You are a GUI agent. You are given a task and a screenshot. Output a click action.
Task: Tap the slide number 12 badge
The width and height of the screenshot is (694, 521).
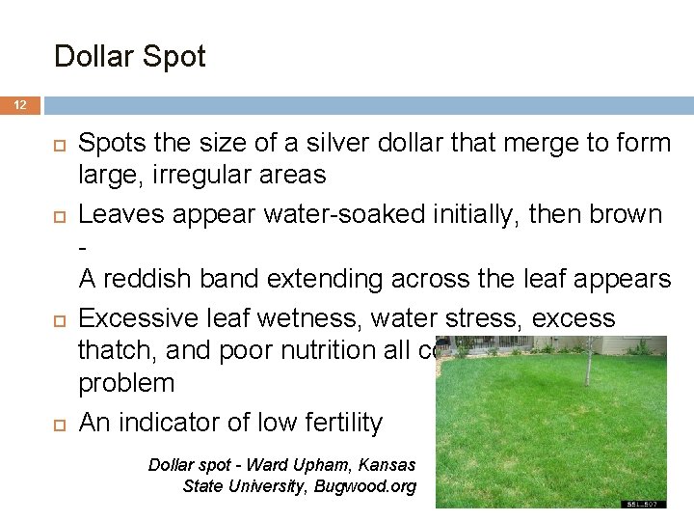pos(20,105)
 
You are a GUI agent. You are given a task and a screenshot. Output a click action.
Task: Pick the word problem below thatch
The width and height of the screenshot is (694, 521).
pos(126,383)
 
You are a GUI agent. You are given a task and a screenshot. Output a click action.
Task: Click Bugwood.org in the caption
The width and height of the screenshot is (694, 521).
pos(365,485)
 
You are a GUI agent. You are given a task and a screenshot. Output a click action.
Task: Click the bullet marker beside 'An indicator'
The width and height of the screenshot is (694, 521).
pos(59,422)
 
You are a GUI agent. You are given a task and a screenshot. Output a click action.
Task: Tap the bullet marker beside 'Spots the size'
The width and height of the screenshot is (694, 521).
pos(59,143)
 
